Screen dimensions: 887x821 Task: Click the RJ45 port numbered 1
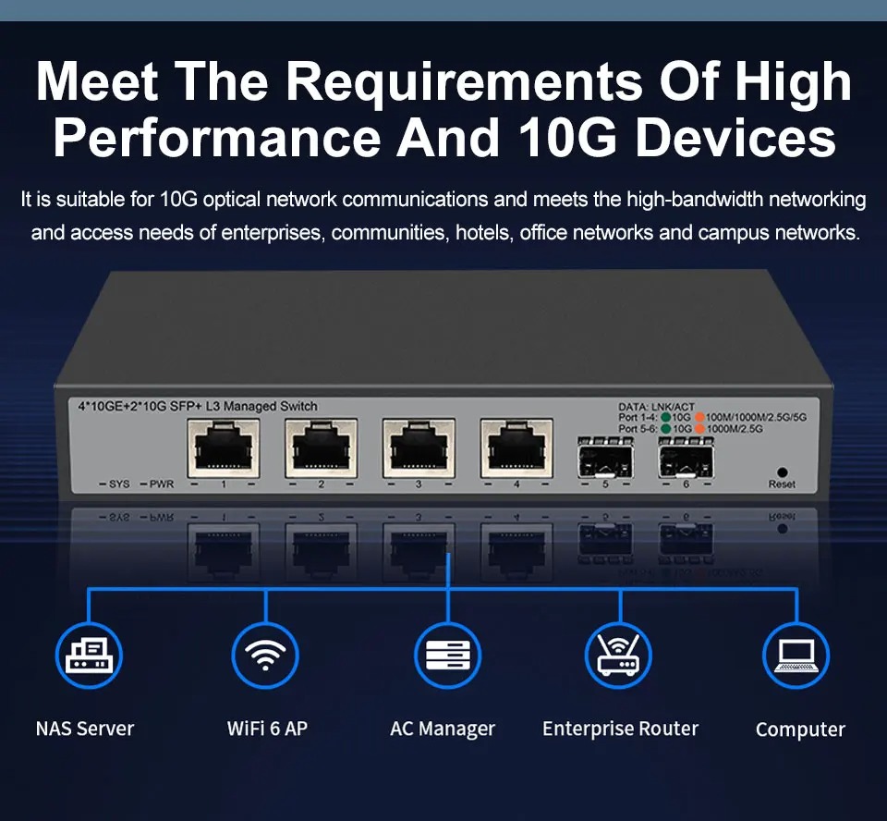224,447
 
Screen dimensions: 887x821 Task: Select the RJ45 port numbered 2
322,447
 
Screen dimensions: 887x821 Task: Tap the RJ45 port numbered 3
419,447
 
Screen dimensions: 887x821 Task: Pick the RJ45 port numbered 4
516,447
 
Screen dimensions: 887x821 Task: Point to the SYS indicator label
119,484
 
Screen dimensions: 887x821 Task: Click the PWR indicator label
161,484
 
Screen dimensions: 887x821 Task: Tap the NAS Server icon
89,656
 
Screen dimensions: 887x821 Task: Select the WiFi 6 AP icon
265,656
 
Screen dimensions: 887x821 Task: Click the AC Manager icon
447,656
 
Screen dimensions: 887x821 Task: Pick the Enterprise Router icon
618,656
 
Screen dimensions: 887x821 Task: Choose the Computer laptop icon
796,656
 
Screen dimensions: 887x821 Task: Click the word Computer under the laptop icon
800,729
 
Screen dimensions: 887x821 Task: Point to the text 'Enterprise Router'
621,729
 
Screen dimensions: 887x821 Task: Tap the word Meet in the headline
97,81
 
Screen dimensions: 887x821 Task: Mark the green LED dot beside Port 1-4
666,417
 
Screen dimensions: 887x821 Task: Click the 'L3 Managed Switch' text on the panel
261,406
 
